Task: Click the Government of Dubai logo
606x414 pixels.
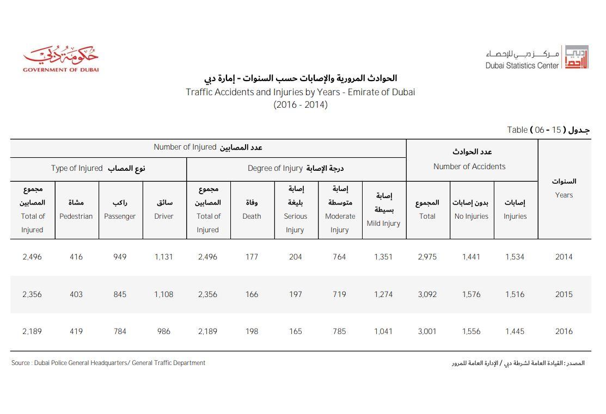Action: (x=60, y=60)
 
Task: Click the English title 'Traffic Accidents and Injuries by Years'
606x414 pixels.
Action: (x=300, y=92)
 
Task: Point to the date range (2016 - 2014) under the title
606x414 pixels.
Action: (x=300, y=105)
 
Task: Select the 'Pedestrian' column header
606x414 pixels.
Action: (x=76, y=210)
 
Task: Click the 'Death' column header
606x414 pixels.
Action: (x=252, y=210)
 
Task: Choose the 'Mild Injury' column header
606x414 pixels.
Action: (x=383, y=210)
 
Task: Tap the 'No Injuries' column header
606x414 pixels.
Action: (x=471, y=210)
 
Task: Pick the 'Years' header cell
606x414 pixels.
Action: (x=564, y=188)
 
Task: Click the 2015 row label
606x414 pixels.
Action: (x=564, y=294)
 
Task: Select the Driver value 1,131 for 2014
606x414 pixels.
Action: (x=163, y=257)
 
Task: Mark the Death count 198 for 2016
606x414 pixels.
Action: (x=252, y=331)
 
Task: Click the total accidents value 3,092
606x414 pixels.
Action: (x=427, y=294)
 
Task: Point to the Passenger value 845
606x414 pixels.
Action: (x=120, y=294)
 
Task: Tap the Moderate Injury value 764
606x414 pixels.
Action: (x=339, y=257)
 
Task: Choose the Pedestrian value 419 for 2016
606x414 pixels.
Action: (x=76, y=331)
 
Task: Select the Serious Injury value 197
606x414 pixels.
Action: (x=295, y=294)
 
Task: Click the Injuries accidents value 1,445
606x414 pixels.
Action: (x=515, y=331)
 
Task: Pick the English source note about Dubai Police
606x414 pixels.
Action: (x=108, y=363)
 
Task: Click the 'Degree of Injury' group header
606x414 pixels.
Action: (x=296, y=169)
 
